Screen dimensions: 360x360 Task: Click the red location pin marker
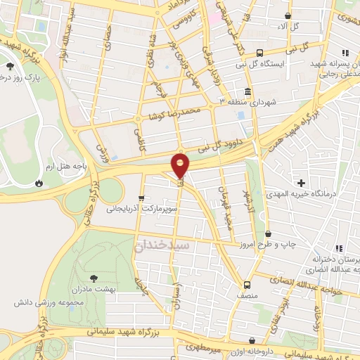click(181, 165)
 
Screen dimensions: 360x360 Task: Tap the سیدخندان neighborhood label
click(160, 244)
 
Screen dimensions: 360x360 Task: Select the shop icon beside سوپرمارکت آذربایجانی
click(142, 198)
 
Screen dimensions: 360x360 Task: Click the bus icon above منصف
click(247, 285)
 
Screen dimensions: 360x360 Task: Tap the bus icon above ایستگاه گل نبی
click(260, 52)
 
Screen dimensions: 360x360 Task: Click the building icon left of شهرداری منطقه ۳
click(247, 92)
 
